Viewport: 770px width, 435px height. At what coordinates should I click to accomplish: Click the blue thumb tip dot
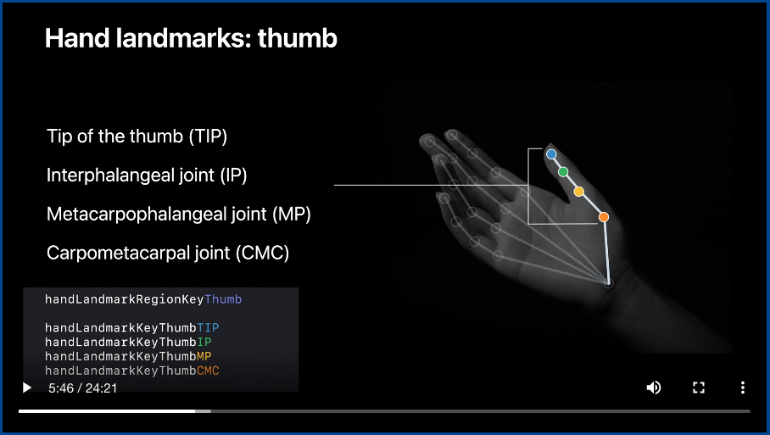(x=551, y=154)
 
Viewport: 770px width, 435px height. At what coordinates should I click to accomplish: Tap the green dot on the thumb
(x=563, y=172)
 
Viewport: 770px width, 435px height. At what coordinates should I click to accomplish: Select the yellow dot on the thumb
(x=579, y=192)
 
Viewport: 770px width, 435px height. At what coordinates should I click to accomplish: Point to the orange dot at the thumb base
(x=604, y=217)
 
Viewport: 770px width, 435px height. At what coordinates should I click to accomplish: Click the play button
(x=27, y=388)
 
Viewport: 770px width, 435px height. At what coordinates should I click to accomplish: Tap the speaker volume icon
(x=653, y=388)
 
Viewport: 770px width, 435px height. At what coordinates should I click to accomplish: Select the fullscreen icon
(x=699, y=388)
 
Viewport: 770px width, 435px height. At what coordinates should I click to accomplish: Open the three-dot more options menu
(x=743, y=388)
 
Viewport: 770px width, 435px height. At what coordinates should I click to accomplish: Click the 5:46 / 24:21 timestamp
(x=82, y=388)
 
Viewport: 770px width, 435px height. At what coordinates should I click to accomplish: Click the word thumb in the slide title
(x=297, y=38)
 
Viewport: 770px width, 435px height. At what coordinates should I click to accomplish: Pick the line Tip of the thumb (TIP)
(x=137, y=137)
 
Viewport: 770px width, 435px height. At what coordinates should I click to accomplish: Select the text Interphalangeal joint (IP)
(x=147, y=176)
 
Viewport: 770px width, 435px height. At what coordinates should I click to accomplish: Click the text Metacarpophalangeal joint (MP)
(x=179, y=214)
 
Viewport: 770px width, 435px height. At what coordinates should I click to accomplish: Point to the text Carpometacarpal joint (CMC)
(x=168, y=253)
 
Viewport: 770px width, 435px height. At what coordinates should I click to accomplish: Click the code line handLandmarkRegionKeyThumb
(x=143, y=299)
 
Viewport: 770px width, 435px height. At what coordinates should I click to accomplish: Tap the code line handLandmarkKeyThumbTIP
(x=132, y=327)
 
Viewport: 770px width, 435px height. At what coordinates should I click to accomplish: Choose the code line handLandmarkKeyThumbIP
(x=128, y=342)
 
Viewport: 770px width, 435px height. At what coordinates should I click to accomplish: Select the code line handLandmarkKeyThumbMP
(x=128, y=356)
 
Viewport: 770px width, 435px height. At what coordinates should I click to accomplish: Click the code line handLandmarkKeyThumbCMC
(x=132, y=371)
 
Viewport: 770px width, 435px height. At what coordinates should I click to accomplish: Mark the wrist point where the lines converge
(x=608, y=283)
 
